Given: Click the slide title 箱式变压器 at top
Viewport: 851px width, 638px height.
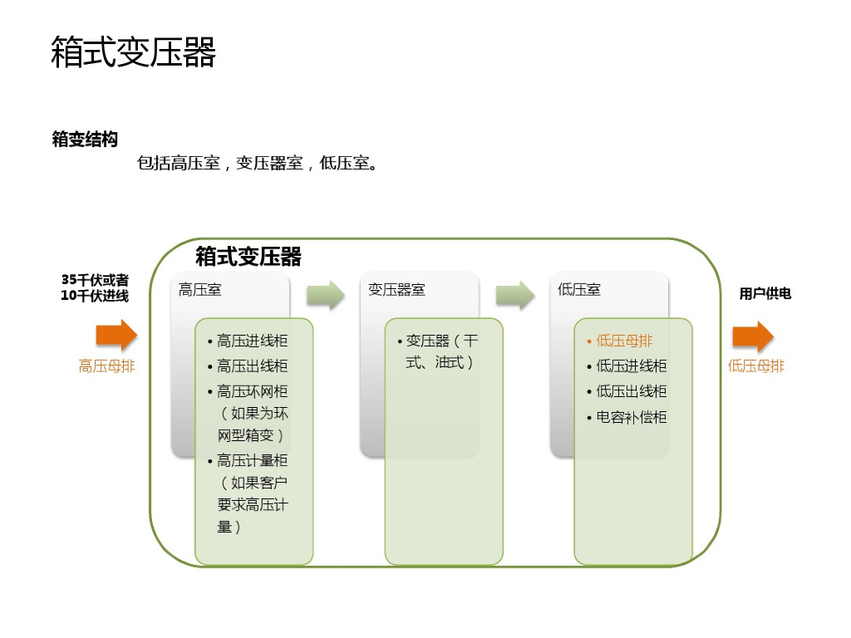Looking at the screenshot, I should click(134, 52).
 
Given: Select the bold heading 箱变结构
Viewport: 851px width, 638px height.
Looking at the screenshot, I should click(85, 140).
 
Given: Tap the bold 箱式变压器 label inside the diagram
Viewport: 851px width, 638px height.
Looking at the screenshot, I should click(248, 256).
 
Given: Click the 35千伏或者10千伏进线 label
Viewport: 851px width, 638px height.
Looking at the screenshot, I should click(95, 287).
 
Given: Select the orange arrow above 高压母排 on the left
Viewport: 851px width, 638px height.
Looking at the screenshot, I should click(116, 336).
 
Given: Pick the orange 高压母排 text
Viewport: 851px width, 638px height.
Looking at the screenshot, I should click(106, 366).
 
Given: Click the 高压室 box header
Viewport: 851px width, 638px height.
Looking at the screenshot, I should click(200, 290).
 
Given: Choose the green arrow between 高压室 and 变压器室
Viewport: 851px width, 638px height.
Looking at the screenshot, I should click(325, 295).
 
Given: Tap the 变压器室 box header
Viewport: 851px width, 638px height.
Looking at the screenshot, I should click(396, 290).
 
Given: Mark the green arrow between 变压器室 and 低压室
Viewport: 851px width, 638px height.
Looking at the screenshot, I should click(515, 295).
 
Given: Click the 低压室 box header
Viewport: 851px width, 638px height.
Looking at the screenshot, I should click(579, 290).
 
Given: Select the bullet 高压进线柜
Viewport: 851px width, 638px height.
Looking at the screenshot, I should click(253, 341).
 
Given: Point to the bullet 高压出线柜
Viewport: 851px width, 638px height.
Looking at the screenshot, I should click(253, 366).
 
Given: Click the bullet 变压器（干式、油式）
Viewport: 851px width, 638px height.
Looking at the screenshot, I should click(441, 351).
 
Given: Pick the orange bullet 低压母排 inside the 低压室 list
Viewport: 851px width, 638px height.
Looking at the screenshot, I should click(624, 341).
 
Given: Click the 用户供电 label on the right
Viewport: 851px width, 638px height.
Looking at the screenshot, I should click(765, 293).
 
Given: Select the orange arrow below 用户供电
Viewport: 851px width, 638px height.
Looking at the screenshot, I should click(753, 336).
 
